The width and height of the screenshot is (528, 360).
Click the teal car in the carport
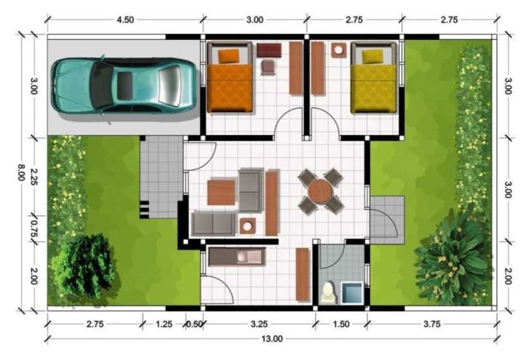point(124,85)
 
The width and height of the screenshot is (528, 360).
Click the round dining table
point(320,191)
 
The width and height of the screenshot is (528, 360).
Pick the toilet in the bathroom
point(328,292)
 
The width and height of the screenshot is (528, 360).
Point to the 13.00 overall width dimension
point(272,338)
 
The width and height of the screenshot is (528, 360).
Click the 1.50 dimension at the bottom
point(342,325)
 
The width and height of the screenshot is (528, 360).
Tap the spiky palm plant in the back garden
point(452,257)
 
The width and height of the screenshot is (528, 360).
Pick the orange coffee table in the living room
point(222,192)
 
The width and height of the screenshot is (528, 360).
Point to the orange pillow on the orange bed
point(229,55)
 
